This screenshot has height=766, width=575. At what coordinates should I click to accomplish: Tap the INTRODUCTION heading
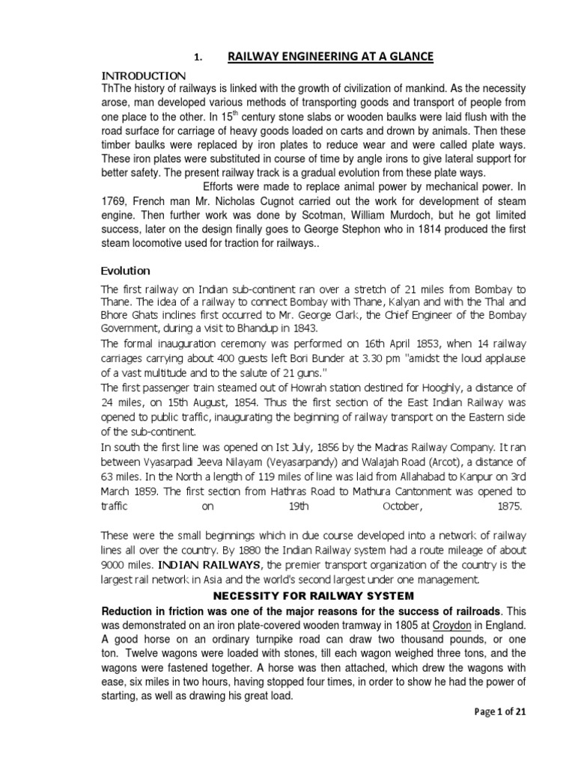[x=143, y=76]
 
